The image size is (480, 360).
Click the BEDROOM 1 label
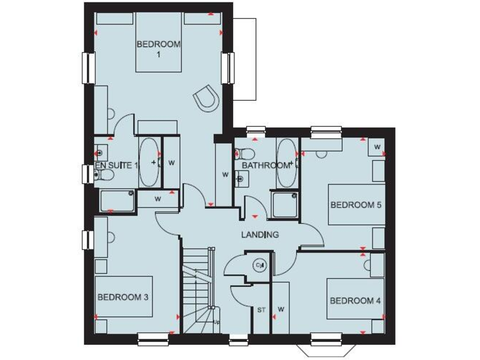[x=158, y=49]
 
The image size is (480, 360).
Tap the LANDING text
[x=260, y=234]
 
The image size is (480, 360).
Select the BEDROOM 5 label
[x=356, y=204]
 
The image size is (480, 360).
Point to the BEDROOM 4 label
[x=355, y=301]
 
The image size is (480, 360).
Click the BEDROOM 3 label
[x=122, y=297]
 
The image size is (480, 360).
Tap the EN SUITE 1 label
[x=116, y=166]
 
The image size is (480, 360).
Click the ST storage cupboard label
[x=261, y=309]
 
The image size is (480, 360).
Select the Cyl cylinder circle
[x=260, y=266]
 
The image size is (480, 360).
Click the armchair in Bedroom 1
[x=206, y=98]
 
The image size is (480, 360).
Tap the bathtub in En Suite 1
[x=149, y=162]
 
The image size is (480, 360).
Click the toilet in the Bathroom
[x=246, y=153]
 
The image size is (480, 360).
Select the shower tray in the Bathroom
[x=284, y=204]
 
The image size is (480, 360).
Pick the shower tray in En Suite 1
[x=117, y=201]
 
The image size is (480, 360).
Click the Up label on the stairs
[x=216, y=322]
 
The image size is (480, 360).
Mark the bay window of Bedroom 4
[x=327, y=347]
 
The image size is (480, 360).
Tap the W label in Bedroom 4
[x=281, y=309]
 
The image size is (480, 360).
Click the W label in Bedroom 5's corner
[x=377, y=147]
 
